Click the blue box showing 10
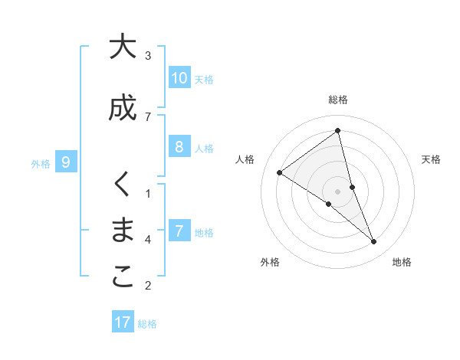(x=179, y=78)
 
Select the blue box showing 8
(x=179, y=148)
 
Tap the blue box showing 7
(x=179, y=232)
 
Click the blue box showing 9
(x=66, y=162)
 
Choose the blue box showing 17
(x=123, y=322)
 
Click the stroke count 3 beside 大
(x=148, y=56)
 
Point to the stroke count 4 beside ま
(x=148, y=240)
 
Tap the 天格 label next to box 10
(x=204, y=80)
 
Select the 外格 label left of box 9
(x=41, y=163)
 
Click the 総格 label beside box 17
(x=147, y=324)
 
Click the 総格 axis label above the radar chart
(x=338, y=100)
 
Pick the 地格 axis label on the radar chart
(x=402, y=262)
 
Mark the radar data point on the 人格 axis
(x=279, y=173)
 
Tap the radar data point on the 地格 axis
(x=373, y=241)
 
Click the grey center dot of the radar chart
(x=338, y=191)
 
